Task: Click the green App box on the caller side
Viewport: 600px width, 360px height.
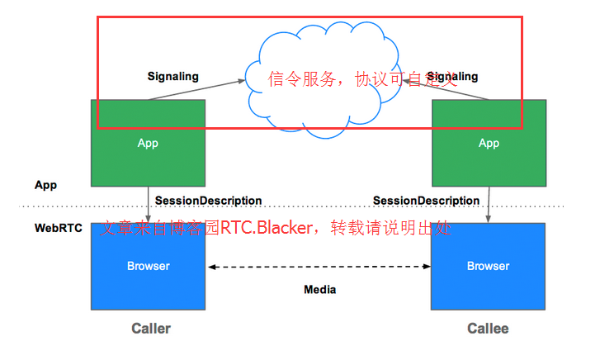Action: pos(148,143)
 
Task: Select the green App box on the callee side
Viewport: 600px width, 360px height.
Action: pos(489,143)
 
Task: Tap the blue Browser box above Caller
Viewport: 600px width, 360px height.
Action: pos(148,266)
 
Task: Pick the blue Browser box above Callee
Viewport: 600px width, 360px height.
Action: pos(489,266)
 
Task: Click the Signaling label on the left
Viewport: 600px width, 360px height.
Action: pos(172,76)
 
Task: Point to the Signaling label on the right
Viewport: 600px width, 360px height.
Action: pos(451,76)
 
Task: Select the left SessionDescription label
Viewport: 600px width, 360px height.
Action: pos(208,201)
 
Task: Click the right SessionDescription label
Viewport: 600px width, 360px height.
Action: pos(426,201)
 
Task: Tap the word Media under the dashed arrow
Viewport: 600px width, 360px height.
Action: pos(319,290)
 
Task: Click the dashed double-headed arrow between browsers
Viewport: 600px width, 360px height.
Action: pos(319,267)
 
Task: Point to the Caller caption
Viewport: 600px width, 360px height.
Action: pos(151,329)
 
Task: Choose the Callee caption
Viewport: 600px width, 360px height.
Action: pos(488,329)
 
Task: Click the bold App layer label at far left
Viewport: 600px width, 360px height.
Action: pos(45,185)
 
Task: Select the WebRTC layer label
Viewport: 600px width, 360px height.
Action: pos(58,228)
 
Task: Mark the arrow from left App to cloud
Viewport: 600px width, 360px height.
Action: pos(198,89)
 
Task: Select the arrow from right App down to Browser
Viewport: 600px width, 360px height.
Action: pos(489,204)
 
